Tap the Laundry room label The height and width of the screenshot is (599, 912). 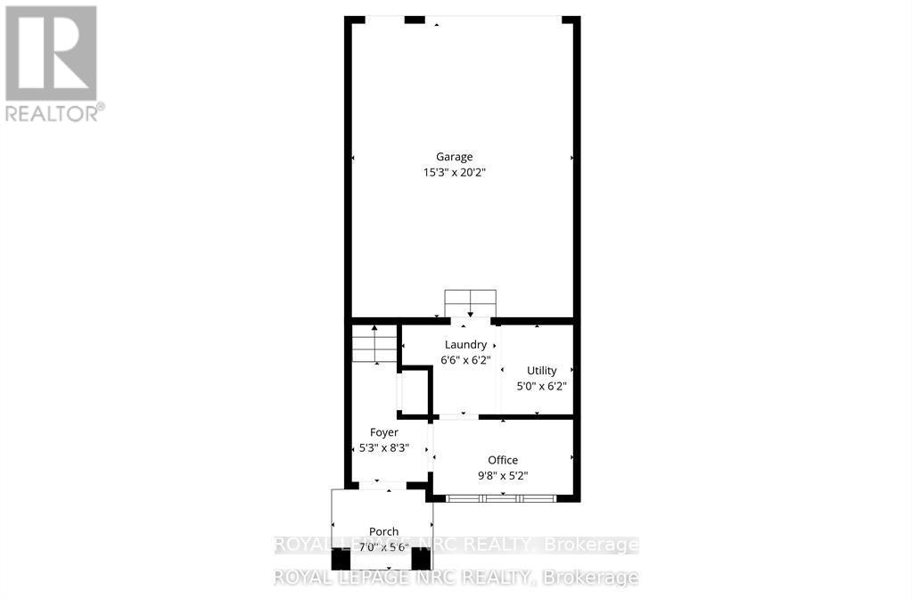click(x=466, y=345)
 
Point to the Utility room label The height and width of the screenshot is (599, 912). click(x=541, y=371)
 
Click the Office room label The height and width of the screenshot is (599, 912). click(x=503, y=460)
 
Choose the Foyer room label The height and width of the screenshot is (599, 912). click(x=384, y=432)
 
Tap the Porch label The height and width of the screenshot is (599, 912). click(x=384, y=531)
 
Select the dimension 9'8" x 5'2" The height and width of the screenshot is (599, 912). click(x=503, y=475)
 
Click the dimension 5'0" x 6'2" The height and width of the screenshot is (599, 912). click(x=542, y=386)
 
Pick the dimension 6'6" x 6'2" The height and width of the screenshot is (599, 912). click(x=466, y=360)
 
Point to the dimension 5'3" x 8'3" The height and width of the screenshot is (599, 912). click(x=384, y=447)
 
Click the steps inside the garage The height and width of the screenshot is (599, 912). click(x=470, y=303)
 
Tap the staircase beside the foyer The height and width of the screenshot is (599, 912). click(x=374, y=345)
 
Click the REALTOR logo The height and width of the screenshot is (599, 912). click(x=52, y=53)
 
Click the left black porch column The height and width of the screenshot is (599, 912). click(x=341, y=560)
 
